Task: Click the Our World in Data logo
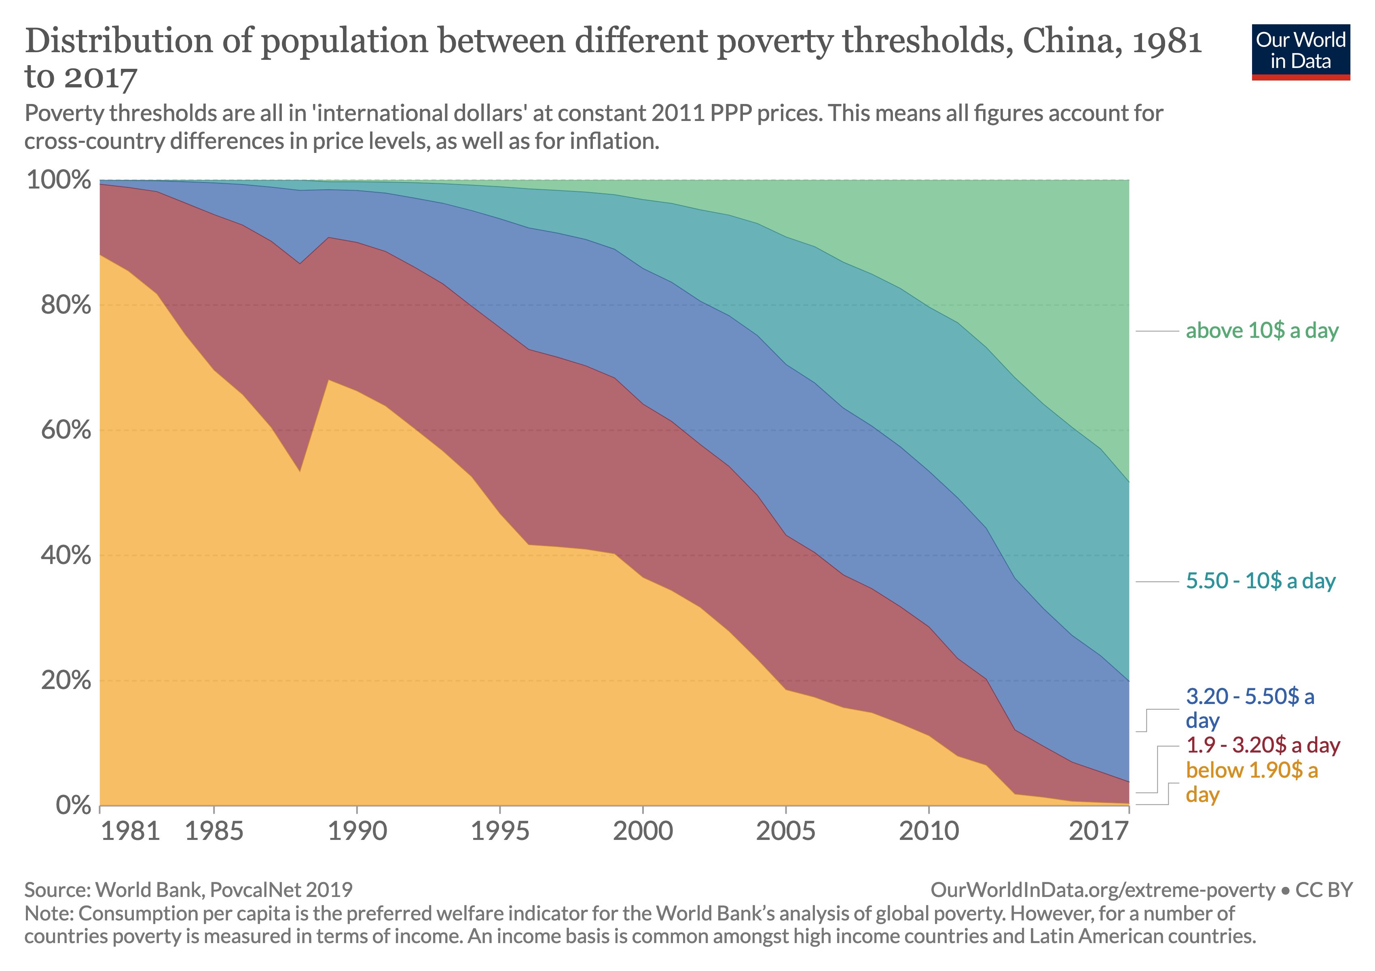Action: [x=1300, y=51]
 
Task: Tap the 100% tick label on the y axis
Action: [x=59, y=180]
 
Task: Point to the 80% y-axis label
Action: [x=66, y=305]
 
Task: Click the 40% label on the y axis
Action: [x=66, y=555]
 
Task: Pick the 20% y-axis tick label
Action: [x=66, y=681]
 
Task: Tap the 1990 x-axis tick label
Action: [x=357, y=831]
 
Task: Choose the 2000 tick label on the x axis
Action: [x=643, y=831]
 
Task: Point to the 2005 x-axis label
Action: [x=785, y=831]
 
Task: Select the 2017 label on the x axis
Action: [x=1098, y=831]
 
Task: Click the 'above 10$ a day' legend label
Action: [x=1262, y=331]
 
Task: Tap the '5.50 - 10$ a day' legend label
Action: [x=1261, y=581]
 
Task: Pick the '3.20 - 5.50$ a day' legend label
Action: [x=1250, y=708]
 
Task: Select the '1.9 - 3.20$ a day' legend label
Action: [x=1263, y=745]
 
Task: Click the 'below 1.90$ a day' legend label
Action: [x=1252, y=782]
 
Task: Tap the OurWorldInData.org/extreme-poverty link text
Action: [x=1102, y=890]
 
